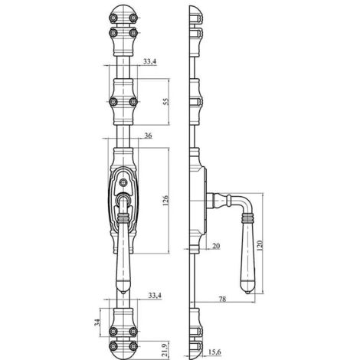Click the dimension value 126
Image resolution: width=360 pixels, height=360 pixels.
[165, 201]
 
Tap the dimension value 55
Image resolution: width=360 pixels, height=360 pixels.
[165, 102]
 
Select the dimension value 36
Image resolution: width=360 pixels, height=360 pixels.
[148, 136]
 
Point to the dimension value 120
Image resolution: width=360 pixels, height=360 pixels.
[260, 245]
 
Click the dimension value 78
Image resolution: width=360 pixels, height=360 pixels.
[223, 299]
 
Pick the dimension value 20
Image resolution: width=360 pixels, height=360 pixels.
[216, 246]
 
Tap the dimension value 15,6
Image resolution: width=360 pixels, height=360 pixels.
[214, 352]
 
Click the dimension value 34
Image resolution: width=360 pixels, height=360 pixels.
[97, 322]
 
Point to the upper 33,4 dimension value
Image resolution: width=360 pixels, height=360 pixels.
[149, 61]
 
